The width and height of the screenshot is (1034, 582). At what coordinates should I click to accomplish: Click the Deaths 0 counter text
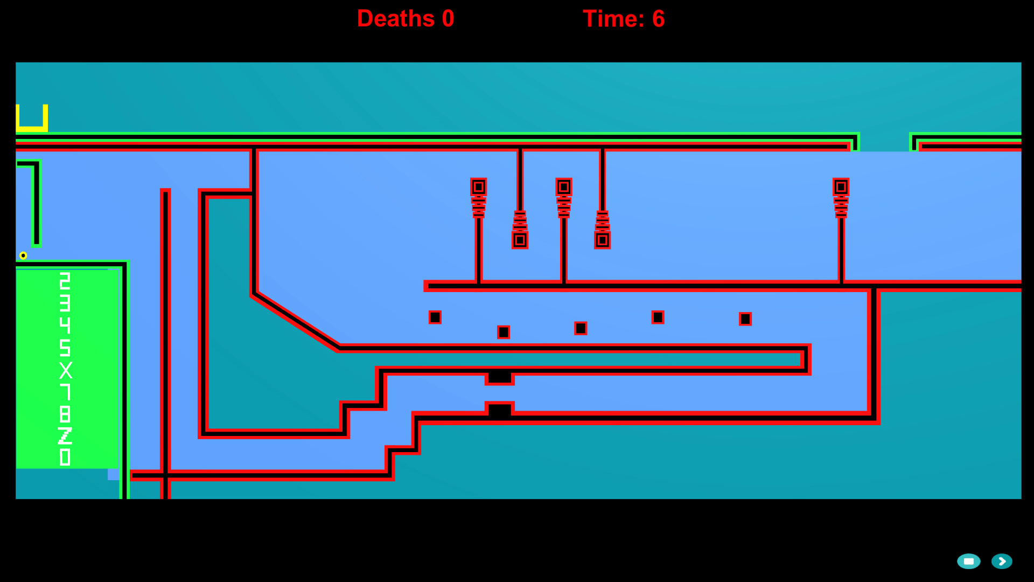click(x=406, y=19)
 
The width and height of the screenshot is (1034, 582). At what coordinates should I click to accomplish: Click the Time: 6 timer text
click(x=624, y=19)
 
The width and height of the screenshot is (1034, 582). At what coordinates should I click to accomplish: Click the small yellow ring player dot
click(x=23, y=255)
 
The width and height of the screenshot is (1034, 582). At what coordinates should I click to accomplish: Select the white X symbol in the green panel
click(x=65, y=371)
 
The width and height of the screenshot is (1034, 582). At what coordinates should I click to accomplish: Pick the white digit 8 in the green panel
click(x=65, y=414)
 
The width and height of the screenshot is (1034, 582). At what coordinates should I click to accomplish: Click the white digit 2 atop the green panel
click(x=65, y=281)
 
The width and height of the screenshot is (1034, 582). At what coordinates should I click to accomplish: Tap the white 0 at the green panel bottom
click(x=65, y=458)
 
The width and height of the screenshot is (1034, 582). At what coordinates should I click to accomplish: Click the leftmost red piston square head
click(x=478, y=187)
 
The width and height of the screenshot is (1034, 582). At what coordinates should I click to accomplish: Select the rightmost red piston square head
click(x=841, y=187)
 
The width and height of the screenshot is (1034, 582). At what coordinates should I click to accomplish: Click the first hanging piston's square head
click(x=520, y=240)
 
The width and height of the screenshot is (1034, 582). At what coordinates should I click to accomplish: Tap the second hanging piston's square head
click(x=602, y=240)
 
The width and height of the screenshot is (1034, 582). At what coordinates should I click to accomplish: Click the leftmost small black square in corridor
click(x=435, y=317)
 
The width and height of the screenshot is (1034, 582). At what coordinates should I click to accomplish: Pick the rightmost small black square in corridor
click(x=745, y=320)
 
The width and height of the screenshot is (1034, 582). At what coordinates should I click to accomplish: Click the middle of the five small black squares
click(x=581, y=328)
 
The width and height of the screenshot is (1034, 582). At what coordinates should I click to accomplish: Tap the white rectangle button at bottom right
click(x=968, y=562)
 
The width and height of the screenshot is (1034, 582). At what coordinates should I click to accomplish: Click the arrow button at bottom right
click(x=1002, y=562)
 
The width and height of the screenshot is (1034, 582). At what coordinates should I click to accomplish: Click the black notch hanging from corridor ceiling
click(x=500, y=377)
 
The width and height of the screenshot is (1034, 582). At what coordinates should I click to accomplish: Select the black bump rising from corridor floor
click(x=500, y=410)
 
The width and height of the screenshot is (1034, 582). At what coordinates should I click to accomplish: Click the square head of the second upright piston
click(x=564, y=187)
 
